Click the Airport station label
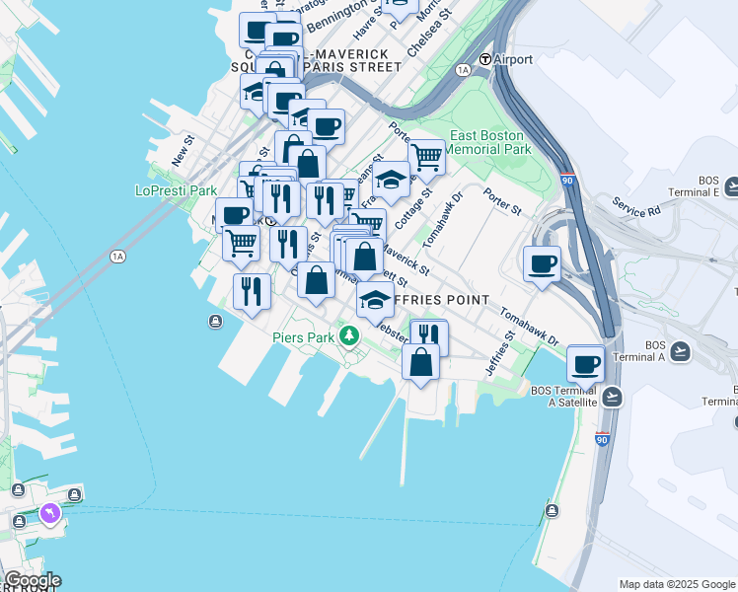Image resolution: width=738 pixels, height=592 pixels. point(513,59)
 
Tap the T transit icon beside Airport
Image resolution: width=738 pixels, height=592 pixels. point(485,59)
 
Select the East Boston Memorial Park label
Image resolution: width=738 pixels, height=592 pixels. point(490,142)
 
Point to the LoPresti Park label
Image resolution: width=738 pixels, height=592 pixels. point(176,190)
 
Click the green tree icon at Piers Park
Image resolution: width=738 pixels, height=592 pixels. point(348,337)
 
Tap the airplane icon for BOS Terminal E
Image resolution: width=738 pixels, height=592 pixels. point(732,185)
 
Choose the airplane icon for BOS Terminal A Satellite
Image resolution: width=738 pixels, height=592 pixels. point(612,397)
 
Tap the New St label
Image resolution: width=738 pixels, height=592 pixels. point(181,151)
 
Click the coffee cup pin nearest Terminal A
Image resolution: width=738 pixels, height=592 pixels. point(586,363)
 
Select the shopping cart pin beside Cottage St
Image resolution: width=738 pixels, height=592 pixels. point(425,156)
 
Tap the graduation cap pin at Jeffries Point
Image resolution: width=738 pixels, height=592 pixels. point(375,300)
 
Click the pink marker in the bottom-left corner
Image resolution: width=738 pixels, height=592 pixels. point(49,513)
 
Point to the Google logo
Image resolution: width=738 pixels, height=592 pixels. point(32,580)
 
